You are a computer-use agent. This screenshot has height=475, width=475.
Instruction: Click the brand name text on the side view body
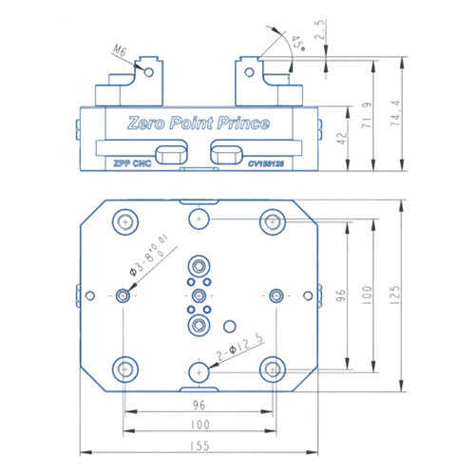199,123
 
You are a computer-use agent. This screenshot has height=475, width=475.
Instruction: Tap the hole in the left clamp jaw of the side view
149,70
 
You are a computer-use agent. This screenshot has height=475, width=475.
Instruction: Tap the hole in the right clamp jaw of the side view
248,70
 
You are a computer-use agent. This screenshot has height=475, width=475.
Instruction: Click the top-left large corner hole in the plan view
124,223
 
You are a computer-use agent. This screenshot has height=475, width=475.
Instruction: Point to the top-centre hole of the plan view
199,220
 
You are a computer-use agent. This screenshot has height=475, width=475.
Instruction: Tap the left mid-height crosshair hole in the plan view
124,294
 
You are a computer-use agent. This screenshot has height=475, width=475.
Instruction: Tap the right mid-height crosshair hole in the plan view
275,294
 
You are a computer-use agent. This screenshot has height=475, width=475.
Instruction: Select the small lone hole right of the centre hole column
228,325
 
